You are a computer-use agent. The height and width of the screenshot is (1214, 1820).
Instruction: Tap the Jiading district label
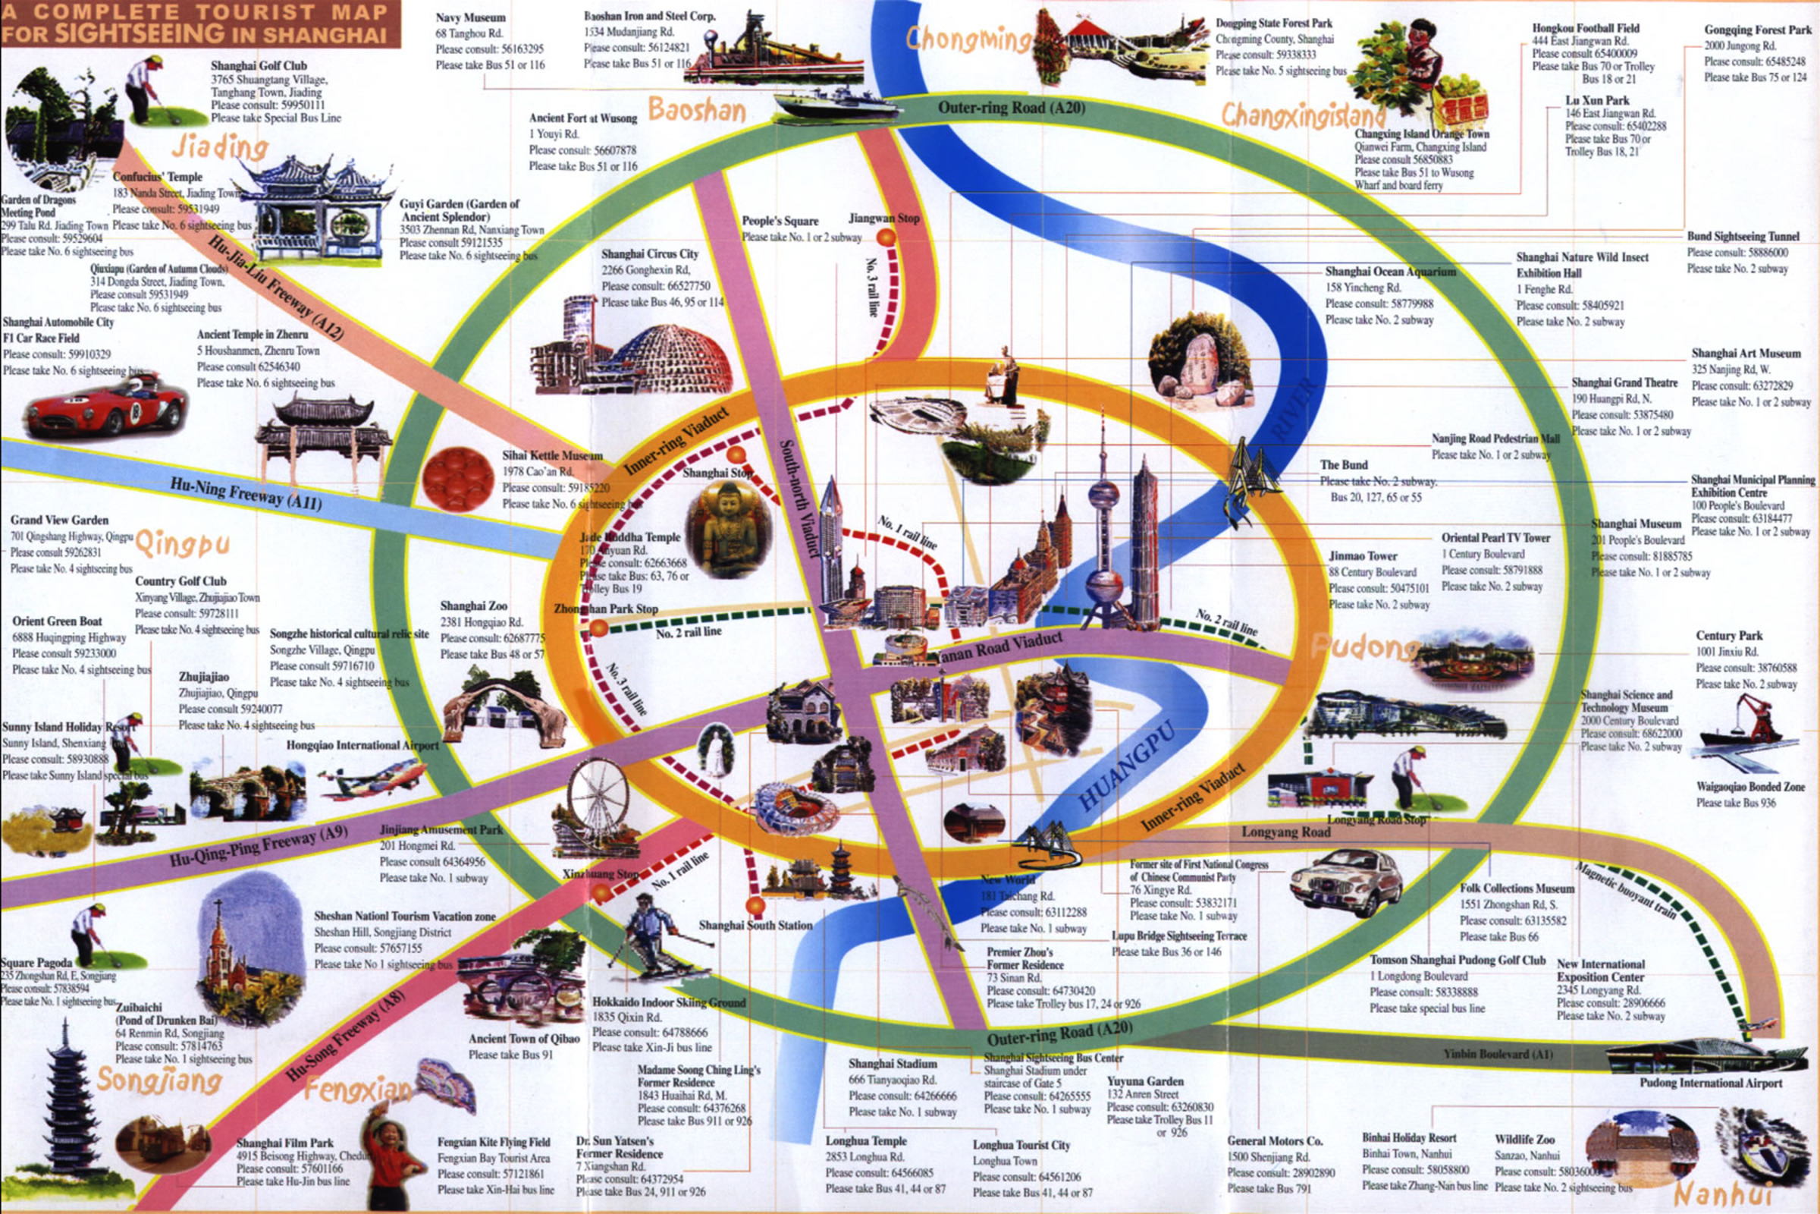220,146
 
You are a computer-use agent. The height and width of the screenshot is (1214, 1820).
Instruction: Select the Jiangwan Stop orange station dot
886,237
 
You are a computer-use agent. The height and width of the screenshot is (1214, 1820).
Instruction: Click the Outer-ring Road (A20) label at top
1012,108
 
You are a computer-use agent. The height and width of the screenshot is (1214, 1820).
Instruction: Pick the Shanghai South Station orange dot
755,905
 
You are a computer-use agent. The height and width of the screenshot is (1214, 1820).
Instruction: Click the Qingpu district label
183,543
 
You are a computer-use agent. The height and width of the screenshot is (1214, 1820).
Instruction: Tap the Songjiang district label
159,1079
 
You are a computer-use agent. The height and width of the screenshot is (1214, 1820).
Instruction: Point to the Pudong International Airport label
1710,1083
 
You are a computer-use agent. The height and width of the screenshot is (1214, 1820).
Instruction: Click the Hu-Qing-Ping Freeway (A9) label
259,848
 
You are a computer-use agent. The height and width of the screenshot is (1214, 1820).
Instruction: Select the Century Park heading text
1729,635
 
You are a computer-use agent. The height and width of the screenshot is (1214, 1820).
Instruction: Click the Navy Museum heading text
469,17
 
